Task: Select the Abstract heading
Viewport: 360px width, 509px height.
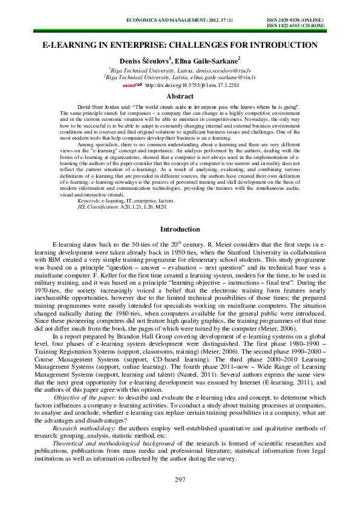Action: click(180, 96)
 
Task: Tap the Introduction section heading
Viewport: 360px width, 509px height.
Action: click(180, 230)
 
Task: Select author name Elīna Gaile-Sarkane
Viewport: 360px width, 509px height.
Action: click(200, 60)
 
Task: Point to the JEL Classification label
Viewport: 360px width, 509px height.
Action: click(99, 206)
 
